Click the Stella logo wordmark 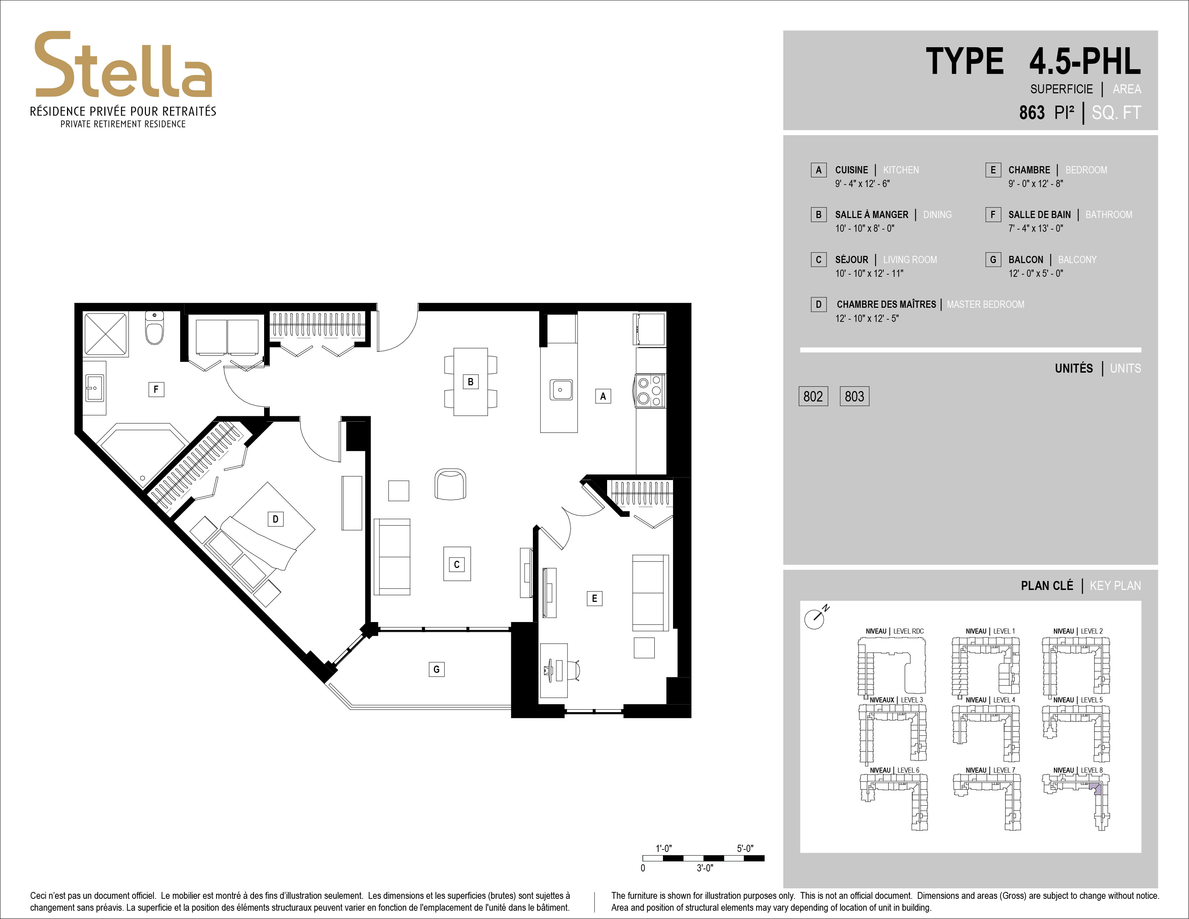[123, 65]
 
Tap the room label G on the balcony [436, 669]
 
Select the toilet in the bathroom [155, 328]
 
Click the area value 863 [1032, 113]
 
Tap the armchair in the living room [450, 483]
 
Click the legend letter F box [993, 214]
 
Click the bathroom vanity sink [95, 388]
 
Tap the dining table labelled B [470, 382]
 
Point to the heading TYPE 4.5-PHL [1033, 62]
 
